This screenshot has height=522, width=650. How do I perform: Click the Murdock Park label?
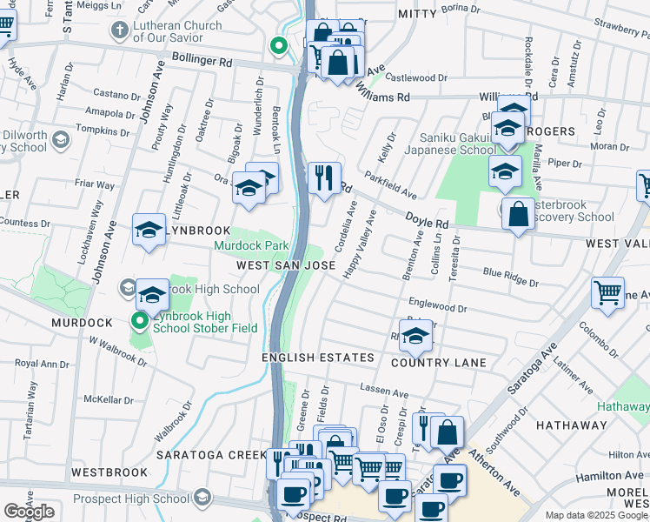click(x=251, y=246)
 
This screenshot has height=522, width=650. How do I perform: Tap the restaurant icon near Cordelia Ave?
click(x=324, y=178)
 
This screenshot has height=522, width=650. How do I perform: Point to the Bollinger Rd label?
click(x=202, y=63)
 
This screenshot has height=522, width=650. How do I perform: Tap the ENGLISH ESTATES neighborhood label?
click(x=318, y=358)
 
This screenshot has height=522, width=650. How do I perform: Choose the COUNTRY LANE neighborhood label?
click(x=438, y=362)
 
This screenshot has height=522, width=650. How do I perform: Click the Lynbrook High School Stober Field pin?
click(x=139, y=322)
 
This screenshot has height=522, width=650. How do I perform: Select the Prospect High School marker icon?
click(x=202, y=497)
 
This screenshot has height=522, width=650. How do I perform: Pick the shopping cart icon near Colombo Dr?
click(x=607, y=291)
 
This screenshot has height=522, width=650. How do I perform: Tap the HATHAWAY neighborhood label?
click(x=571, y=425)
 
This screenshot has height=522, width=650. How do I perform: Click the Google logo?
click(x=29, y=512)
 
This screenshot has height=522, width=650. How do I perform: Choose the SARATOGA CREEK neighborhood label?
click(x=211, y=454)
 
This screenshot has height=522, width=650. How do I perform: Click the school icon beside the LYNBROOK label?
click(x=149, y=230)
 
